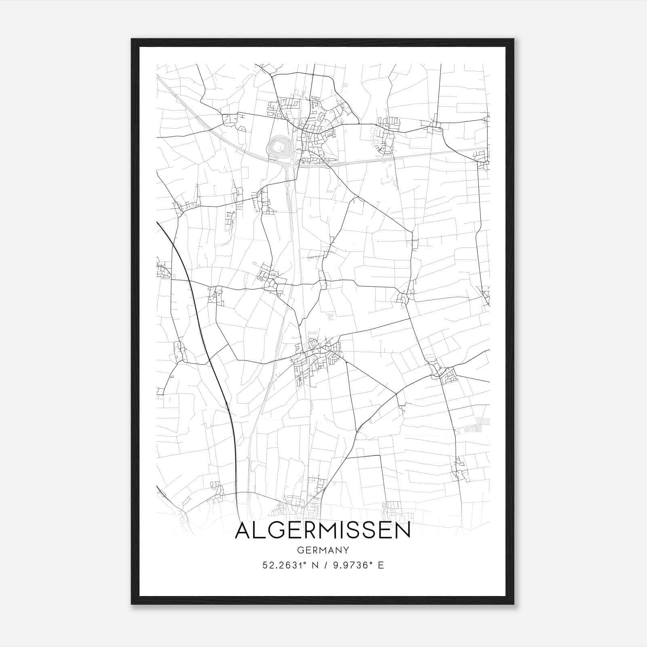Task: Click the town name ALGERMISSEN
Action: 323,531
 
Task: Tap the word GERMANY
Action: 323,550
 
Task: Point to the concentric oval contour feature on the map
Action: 280,146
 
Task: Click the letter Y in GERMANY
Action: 346,550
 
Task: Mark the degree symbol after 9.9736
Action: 369,563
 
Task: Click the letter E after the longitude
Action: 381,565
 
